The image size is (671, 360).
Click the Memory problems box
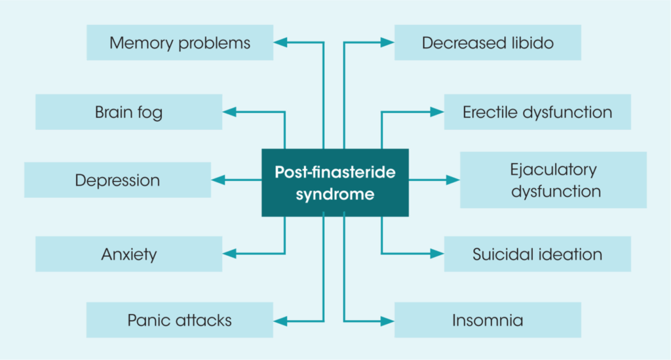tap(180, 43)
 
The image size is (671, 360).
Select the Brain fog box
tap(128, 112)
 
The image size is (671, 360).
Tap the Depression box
tap(117, 180)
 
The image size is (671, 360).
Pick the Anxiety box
tap(128, 254)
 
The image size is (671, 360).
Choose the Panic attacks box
tap(180, 320)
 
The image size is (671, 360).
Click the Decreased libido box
tap(488, 43)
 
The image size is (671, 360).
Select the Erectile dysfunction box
tap(537, 112)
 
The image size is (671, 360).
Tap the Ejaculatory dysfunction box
tap(553, 180)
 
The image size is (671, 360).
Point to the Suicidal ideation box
tap(537, 254)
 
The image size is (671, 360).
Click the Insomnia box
tap(488, 320)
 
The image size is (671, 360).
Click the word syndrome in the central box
tap(335, 195)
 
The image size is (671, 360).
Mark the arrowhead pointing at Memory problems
tap(280, 43)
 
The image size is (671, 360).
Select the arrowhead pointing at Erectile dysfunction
tap(437, 112)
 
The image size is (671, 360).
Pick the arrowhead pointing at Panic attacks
tap(280, 321)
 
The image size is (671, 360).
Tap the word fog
tap(149, 113)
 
